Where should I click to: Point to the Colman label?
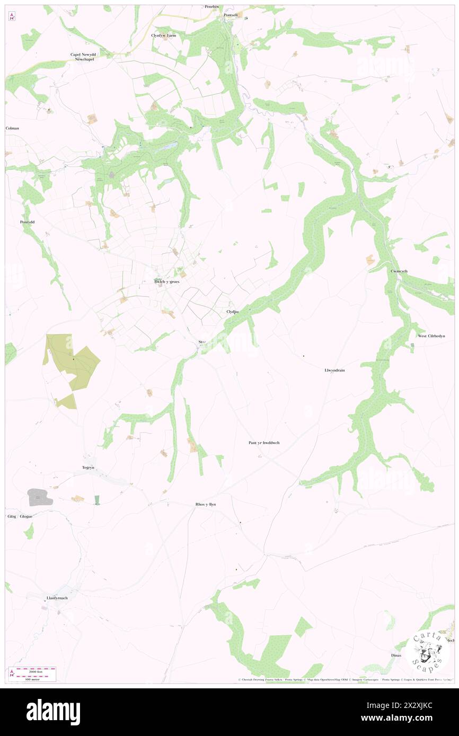12,128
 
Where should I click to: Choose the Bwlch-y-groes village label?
167,282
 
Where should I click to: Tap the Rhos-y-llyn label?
202,504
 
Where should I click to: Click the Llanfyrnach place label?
57,598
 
